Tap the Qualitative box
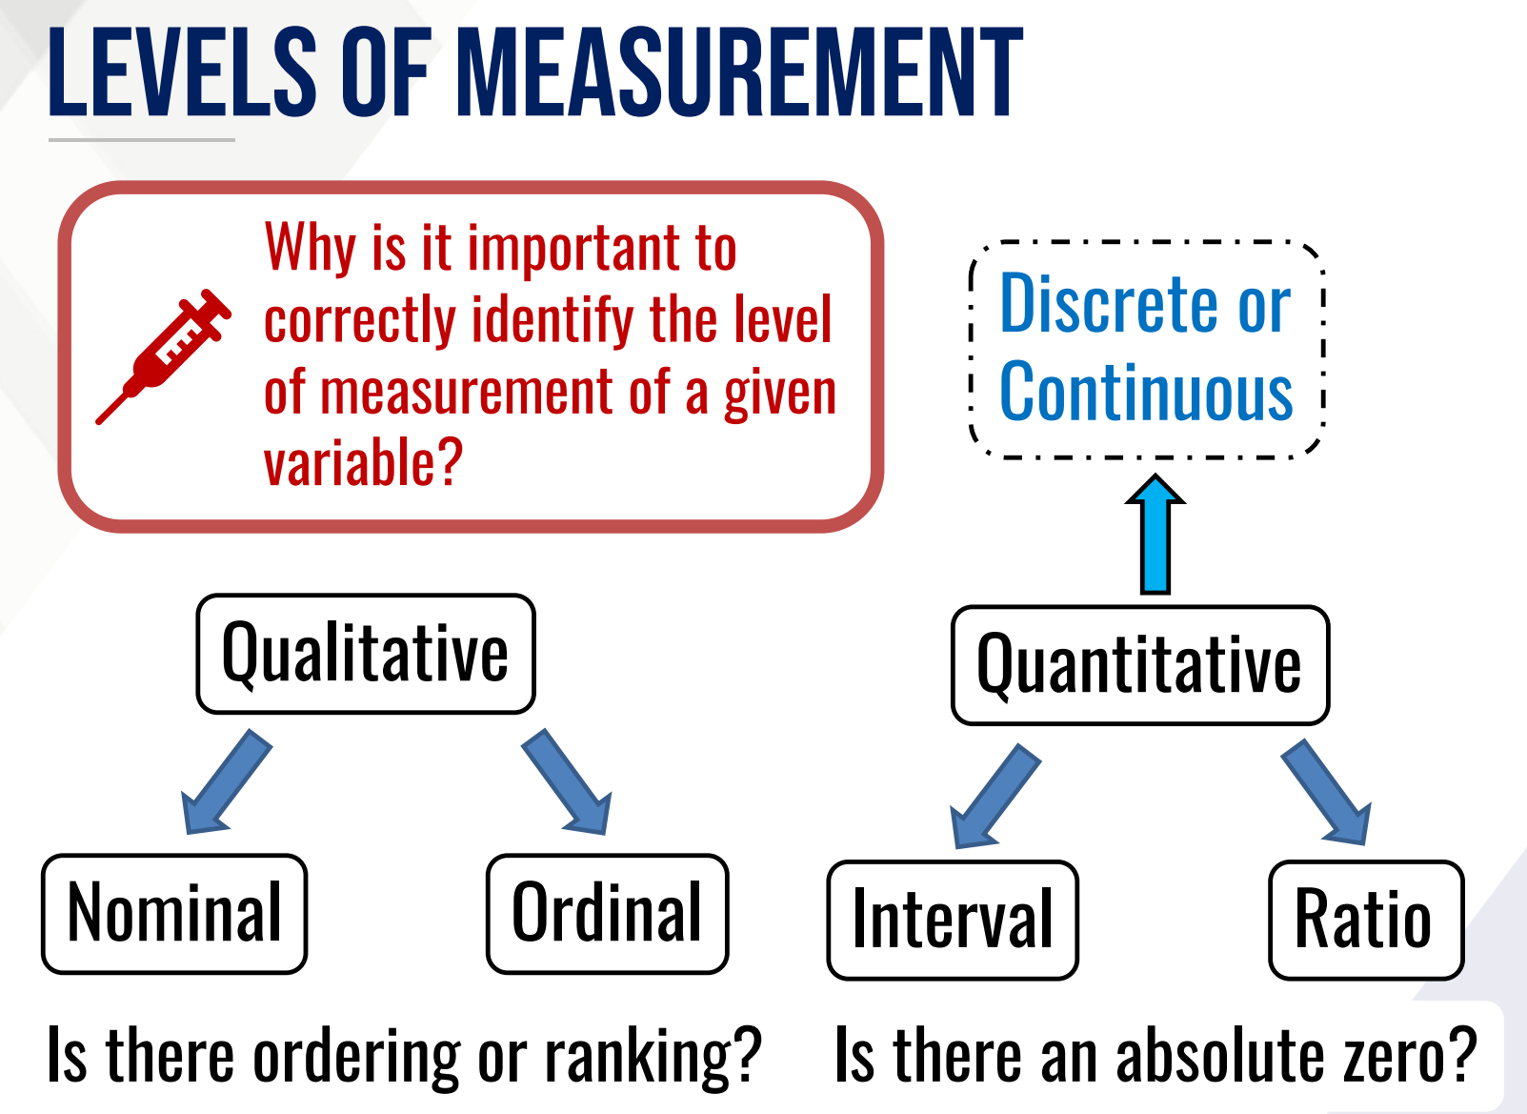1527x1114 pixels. pos(366,654)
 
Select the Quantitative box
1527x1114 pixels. pos(1139,665)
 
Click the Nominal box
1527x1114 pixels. pos(174,914)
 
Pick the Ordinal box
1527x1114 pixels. pos(607,914)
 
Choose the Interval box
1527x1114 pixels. pos(953,921)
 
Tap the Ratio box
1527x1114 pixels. pos(1365,921)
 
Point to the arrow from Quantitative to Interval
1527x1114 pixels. pos(995,797)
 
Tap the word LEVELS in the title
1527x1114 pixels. pos(182,74)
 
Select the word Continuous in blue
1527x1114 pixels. pos(1146,393)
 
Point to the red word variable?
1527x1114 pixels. pos(363,464)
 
